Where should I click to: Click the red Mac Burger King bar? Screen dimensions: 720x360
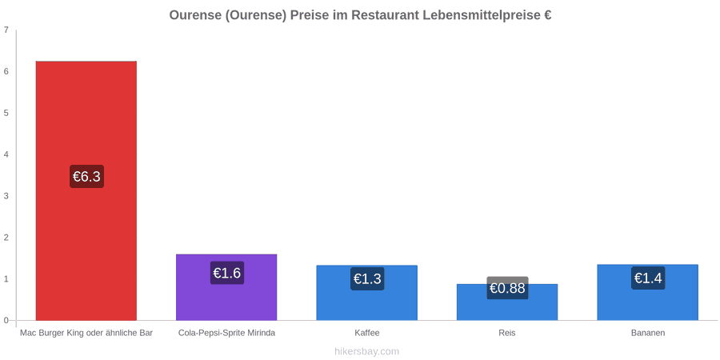[86, 190]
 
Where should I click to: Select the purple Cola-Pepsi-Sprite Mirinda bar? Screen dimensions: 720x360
[226, 287]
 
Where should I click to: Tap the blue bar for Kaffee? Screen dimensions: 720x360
[367, 293]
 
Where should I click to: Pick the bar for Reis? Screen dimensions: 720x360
[507, 302]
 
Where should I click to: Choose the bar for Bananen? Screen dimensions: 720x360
[647, 292]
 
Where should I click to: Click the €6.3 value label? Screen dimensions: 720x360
[86, 176]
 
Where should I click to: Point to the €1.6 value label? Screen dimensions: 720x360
[227, 273]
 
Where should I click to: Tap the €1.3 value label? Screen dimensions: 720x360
[367, 278]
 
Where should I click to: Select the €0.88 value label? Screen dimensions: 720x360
[507, 288]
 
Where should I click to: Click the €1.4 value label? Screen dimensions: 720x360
[648, 278]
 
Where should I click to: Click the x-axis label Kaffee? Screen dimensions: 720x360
[367, 333]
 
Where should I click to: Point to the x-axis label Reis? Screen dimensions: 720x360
[507, 333]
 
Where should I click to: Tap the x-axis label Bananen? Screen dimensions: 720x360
[647, 333]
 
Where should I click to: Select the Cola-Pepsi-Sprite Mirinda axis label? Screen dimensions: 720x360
[227, 333]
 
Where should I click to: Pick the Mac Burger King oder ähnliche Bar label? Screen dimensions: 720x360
[86, 333]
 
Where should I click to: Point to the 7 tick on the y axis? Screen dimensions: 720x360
[6, 30]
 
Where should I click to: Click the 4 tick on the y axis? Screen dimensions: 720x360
[6, 154]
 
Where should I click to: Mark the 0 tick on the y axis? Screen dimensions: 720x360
[6, 321]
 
